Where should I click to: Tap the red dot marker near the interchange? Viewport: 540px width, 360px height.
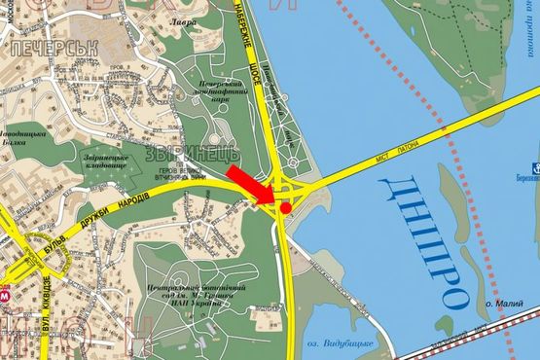click(285, 206)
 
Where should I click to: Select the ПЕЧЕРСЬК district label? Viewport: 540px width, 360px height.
click(44, 46)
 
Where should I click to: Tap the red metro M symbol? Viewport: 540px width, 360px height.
click(7, 291)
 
